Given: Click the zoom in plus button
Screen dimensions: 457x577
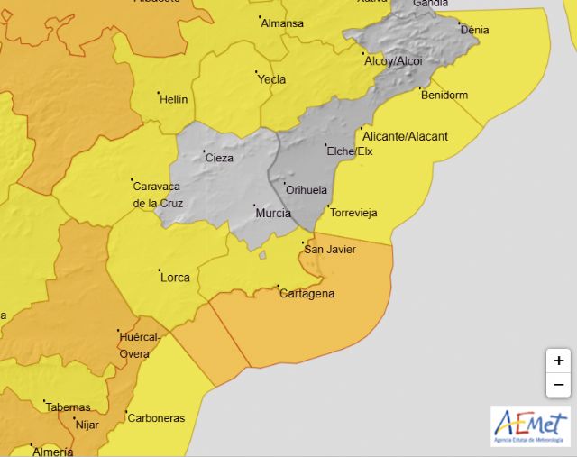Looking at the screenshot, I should coord(558,361).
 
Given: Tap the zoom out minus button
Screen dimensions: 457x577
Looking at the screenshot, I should coord(558,385).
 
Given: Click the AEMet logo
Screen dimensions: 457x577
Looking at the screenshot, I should coord(530,425).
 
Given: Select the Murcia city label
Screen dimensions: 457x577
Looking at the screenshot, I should coord(273,214).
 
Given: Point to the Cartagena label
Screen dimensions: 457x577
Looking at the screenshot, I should coord(307,294).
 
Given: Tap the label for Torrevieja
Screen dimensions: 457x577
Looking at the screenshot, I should coord(353,214).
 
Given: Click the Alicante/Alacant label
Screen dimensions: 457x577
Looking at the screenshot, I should coord(406,136).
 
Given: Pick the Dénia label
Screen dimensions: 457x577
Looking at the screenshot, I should coord(475,30).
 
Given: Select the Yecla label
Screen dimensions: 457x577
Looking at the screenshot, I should coord(271,79).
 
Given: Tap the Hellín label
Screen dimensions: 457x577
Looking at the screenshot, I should coord(174,99).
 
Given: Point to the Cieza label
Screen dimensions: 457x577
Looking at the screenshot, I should coord(219,158).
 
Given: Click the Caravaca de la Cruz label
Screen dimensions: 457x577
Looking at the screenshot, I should coord(158,195).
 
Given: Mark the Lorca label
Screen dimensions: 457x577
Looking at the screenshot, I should coord(175,277).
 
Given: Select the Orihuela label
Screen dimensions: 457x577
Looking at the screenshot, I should coord(305,190).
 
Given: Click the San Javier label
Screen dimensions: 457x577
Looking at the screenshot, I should coord(329,250).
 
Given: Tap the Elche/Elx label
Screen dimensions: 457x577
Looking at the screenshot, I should coord(350,151).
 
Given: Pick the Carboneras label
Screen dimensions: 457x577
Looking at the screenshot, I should coord(156,418).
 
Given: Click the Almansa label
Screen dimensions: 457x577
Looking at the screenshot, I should coord(282,23).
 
